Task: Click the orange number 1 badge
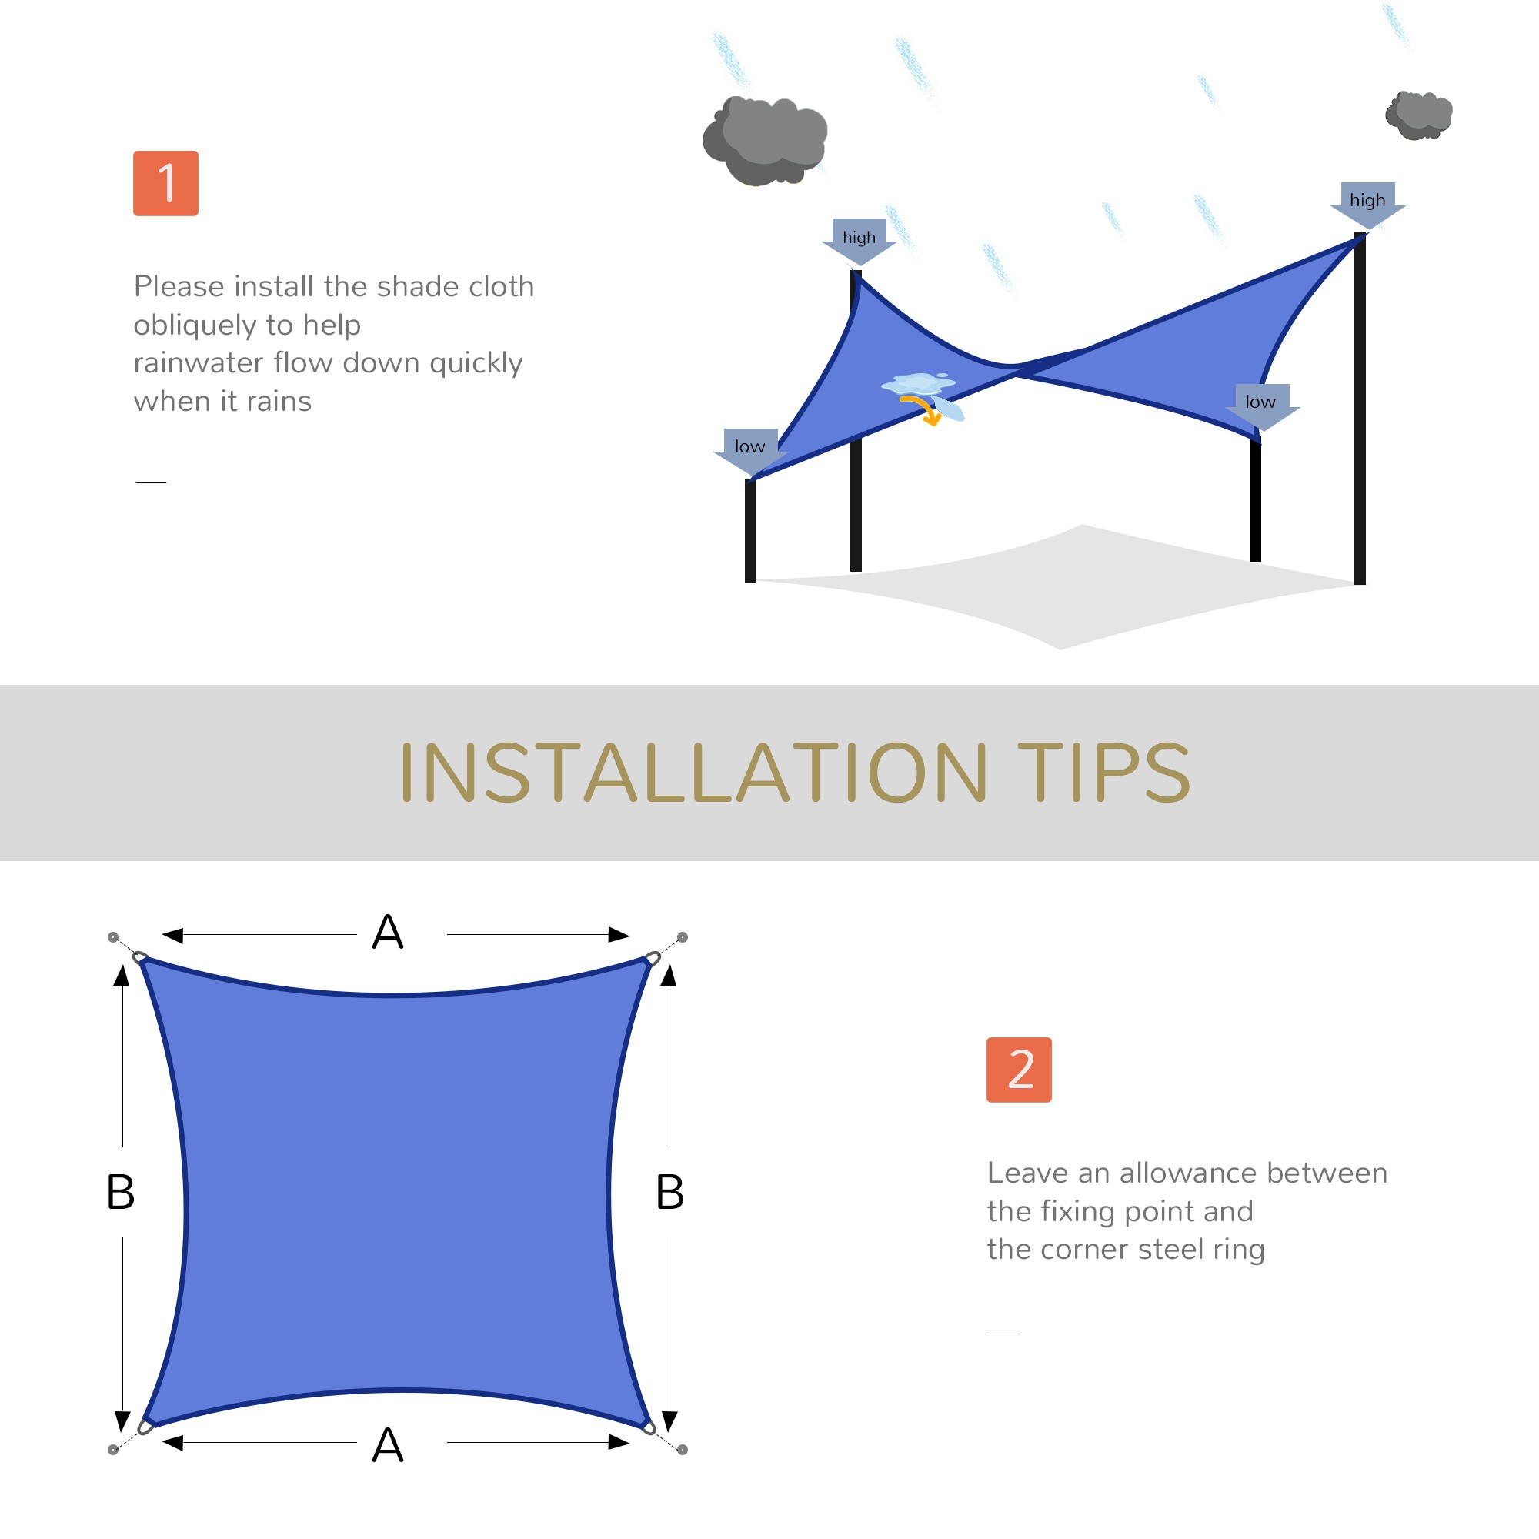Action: tap(165, 183)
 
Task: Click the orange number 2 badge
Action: tap(1019, 1070)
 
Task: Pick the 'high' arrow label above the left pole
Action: tap(859, 239)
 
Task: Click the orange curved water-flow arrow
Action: tap(923, 410)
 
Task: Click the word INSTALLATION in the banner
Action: tap(693, 773)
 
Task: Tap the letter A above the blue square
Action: tap(388, 933)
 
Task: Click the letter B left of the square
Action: tap(120, 1193)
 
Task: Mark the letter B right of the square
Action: tap(670, 1193)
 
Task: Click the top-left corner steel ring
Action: tap(140, 957)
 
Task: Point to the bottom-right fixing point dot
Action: tap(683, 1450)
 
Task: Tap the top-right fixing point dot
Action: tap(683, 937)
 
